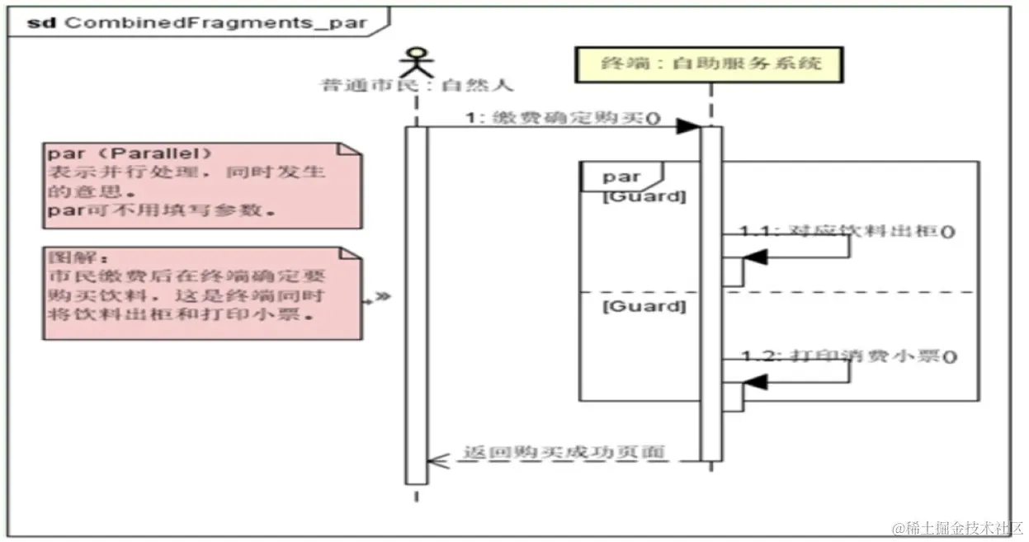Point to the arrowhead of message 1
coord(688,126)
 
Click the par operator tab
coord(621,177)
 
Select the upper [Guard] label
coord(644,197)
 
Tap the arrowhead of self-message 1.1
coord(754,258)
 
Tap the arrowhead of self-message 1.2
coord(754,382)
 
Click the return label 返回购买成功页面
coord(564,451)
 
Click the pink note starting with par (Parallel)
coord(203,185)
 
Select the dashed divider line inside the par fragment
coord(858,292)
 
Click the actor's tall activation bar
coord(416,305)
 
